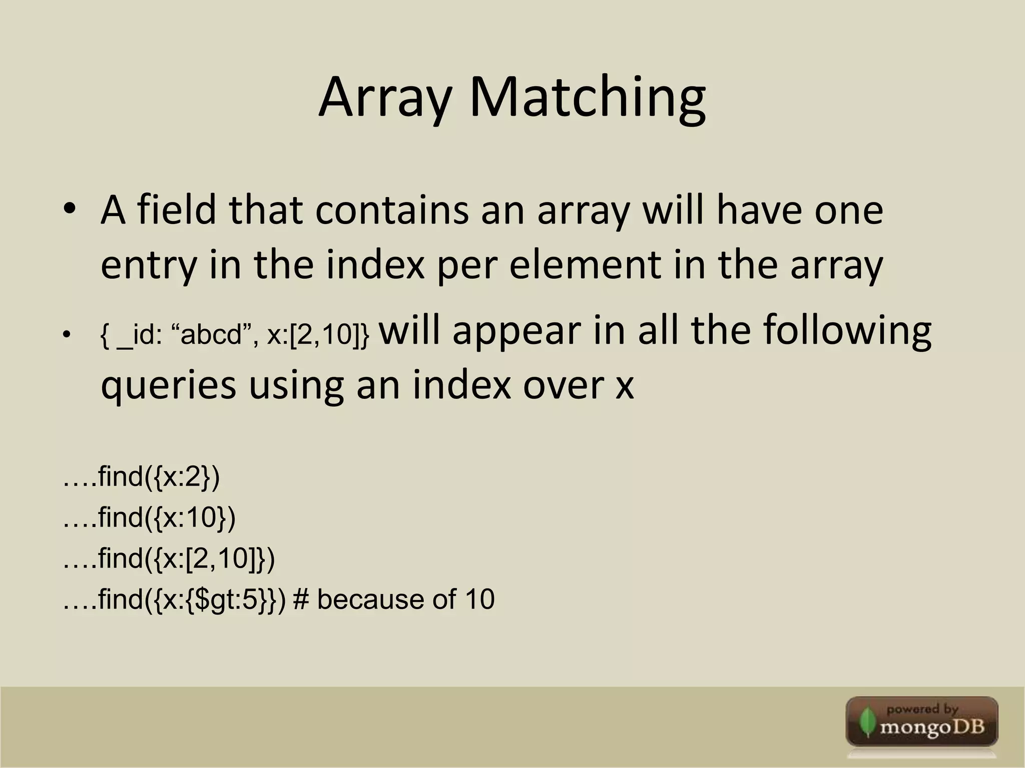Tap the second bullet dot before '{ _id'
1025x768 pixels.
tap(66, 334)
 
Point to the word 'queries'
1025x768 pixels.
tap(168, 385)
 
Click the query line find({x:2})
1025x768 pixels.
tap(142, 476)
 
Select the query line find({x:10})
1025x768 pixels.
tap(150, 517)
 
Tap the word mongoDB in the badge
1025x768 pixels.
tap(932, 726)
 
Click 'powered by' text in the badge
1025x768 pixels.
tap(922, 709)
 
